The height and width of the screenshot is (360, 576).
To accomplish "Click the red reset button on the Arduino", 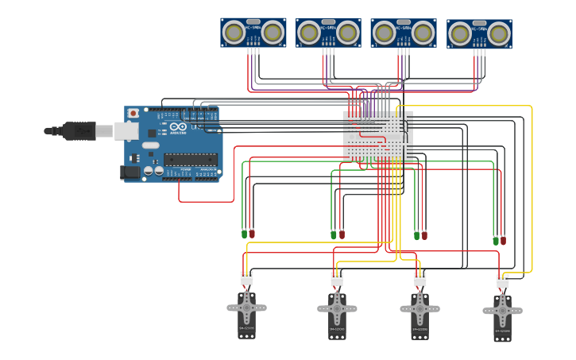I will tap(133, 114).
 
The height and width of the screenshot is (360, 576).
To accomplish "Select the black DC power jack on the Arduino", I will tap(129, 172).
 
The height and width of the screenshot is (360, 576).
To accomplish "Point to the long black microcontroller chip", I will tap(190, 160).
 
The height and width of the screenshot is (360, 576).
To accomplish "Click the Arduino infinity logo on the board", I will tap(177, 127).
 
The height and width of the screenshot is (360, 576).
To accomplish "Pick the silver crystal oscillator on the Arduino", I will tap(151, 145).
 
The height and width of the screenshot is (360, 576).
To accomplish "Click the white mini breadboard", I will tap(377, 137).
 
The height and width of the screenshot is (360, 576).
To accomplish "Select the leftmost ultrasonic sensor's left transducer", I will tap(234, 33).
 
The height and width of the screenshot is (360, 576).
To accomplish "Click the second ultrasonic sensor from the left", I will tap(328, 33).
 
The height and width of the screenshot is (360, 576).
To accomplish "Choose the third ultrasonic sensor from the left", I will tap(403, 33).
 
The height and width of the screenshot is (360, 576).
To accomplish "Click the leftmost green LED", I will tap(244, 234).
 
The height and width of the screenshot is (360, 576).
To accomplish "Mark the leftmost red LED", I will tap(252, 234).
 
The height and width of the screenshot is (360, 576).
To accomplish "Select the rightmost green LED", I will tap(496, 239).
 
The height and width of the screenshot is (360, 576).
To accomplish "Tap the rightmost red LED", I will tap(503, 239).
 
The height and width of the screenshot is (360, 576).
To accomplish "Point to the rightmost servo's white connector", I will tap(503, 281).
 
